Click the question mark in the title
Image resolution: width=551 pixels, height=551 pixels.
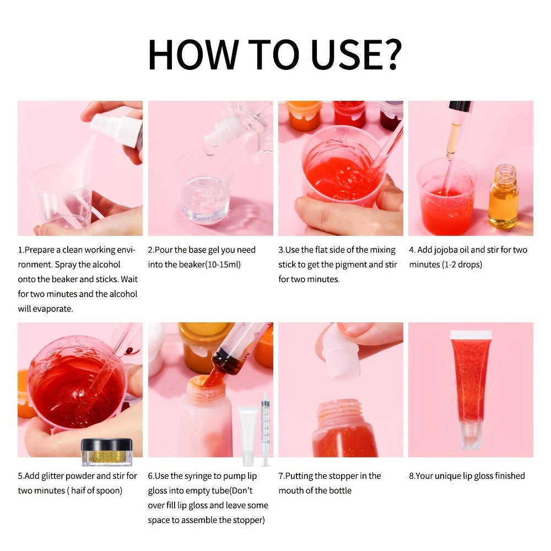point(389,53)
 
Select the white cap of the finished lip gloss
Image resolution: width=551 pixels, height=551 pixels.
point(471,334)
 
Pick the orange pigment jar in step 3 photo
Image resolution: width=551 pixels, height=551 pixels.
point(304,115)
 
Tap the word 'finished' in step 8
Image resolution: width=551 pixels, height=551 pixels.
point(507,476)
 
